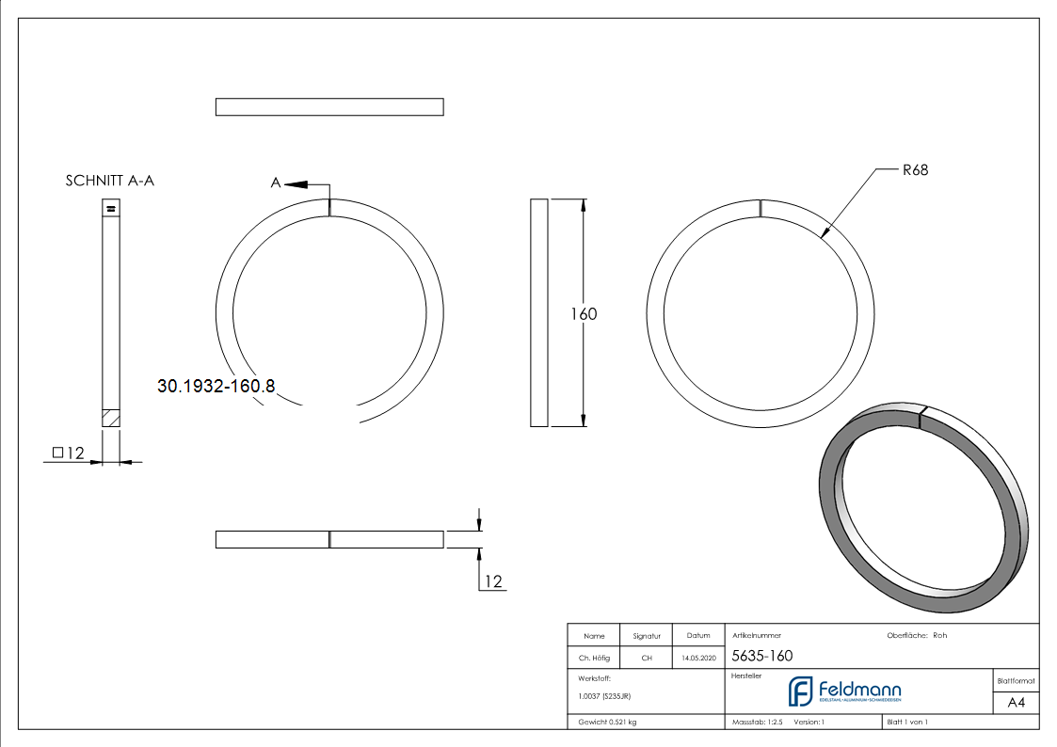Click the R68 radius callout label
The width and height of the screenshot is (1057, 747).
(915, 170)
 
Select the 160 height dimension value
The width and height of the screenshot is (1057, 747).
(584, 314)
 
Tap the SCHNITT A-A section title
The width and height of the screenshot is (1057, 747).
(110, 181)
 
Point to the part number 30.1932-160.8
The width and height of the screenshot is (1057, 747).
(216, 386)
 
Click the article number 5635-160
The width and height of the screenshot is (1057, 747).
(761, 656)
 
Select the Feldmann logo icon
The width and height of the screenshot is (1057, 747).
(800, 691)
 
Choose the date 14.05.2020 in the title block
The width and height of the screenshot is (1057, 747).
(698, 659)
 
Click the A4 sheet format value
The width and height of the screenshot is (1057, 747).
(1017, 703)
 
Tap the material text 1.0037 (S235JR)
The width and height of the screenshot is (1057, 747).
(604, 695)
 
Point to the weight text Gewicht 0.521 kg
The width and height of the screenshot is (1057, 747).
(607, 722)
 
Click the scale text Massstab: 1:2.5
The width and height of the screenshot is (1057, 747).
(758, 722)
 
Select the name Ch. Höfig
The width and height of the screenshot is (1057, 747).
(594, 659)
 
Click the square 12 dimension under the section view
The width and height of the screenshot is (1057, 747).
(69, 453)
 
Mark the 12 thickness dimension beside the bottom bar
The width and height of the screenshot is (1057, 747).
(493, 582)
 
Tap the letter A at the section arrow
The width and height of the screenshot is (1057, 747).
(276, 183)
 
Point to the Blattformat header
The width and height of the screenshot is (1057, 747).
(1016, 680)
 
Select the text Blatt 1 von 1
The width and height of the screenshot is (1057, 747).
(907, 722)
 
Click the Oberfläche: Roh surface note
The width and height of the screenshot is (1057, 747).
(917, 635)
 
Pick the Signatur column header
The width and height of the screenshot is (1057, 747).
(647, 636)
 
